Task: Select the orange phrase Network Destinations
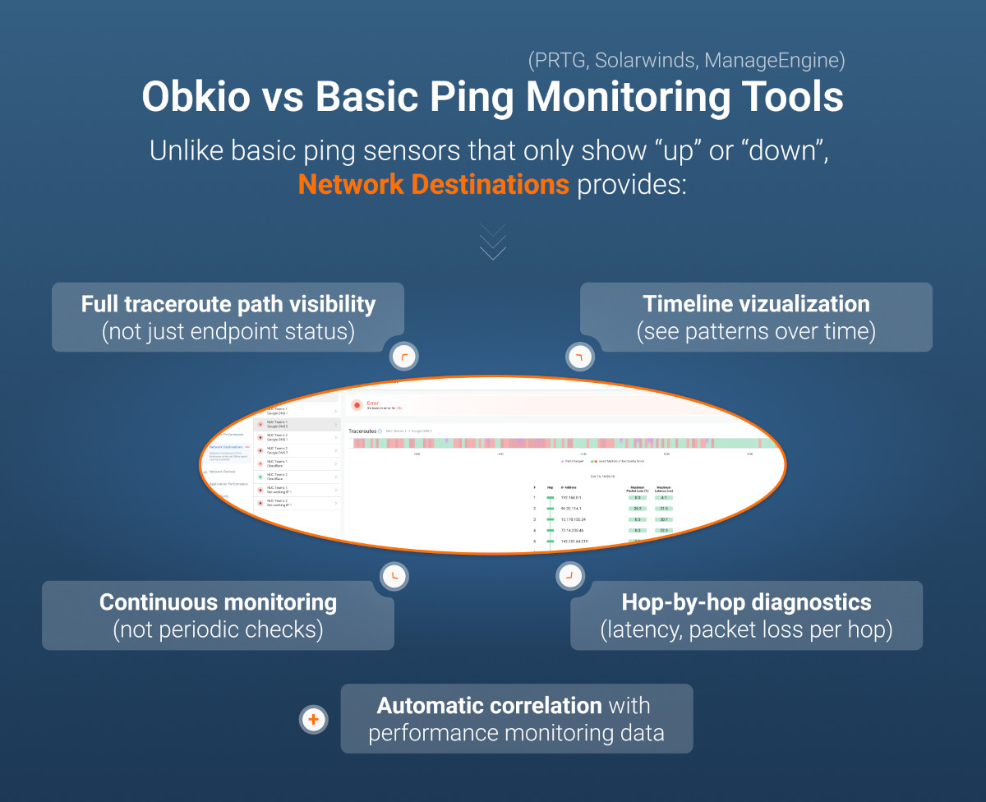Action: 433,184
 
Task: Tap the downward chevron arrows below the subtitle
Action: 493,242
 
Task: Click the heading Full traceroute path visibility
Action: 228,304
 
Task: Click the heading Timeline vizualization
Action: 756,304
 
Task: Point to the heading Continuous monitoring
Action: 218,602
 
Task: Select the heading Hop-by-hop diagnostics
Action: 746,602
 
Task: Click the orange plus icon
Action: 313,719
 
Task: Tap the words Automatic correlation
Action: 489,706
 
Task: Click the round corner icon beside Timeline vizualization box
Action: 579,357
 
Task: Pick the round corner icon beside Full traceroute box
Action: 403,357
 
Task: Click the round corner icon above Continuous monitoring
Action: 394,575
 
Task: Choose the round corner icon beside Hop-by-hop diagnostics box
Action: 569,575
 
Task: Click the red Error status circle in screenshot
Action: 357,405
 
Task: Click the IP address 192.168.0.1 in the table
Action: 570,498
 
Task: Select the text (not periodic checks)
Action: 218,630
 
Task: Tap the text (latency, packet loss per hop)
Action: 746,630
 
